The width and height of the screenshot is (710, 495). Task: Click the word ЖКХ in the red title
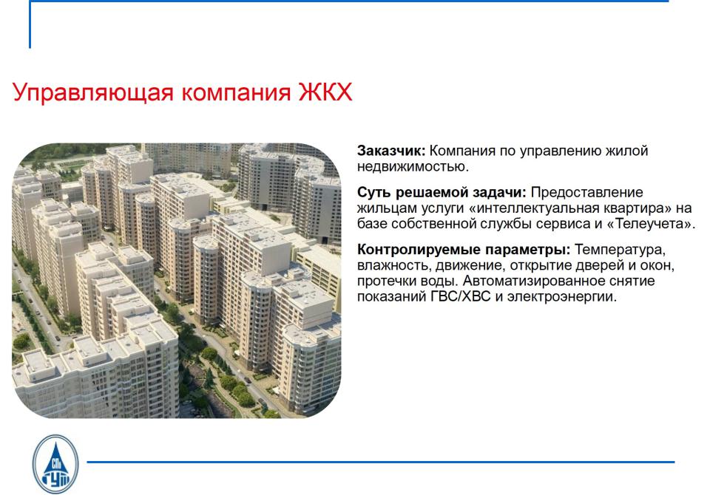325,92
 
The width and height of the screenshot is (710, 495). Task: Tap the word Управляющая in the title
93,93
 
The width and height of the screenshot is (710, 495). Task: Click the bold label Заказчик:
391,151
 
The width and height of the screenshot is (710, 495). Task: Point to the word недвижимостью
413,166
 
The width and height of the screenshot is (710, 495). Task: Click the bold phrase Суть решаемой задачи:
442,193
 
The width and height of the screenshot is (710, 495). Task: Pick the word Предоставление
586,193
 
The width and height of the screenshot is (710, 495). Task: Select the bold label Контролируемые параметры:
464,250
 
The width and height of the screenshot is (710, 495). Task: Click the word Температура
620,250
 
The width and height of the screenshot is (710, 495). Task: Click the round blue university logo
55,464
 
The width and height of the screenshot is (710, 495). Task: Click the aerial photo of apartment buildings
177,281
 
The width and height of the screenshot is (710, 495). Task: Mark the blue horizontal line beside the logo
381,462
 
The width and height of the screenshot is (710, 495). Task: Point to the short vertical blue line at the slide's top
30,24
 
